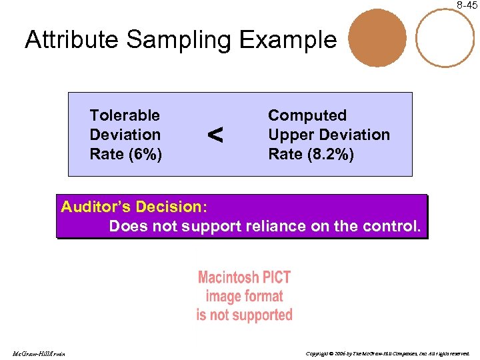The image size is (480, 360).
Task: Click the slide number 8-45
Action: tap(467, 5)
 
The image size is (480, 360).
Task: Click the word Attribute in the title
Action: tap(72, 41)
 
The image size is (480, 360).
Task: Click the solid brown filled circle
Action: tap(377, 38)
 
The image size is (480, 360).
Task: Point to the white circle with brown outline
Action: tap(445, 38)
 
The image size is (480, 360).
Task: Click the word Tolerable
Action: tap(125, 116)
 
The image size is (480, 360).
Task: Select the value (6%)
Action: tap(145, 154)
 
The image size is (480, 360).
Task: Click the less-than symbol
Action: tap(215, 135)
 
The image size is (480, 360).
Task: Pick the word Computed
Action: tap(307, 116)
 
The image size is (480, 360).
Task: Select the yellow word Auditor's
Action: tap(98, 207)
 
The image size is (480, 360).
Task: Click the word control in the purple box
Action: tap(390, 226)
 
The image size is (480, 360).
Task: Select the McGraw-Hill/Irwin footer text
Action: tap(37, 353)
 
